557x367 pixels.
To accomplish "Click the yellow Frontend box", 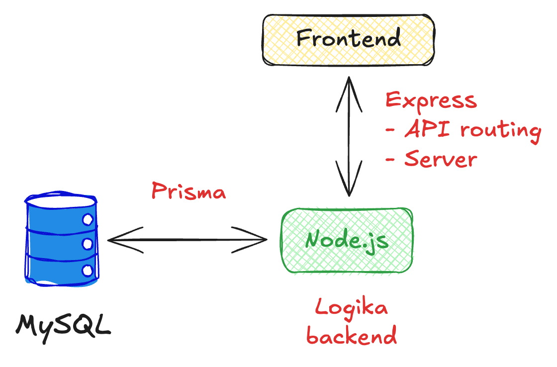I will tap(348, 39).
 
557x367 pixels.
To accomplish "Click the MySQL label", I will tap(63, 325).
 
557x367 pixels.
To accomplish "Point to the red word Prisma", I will tap(188, 191).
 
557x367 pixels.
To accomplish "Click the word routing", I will tap(500, 131).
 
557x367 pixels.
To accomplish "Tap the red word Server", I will tap(441, 159).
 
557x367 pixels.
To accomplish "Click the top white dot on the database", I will tap(88, 219).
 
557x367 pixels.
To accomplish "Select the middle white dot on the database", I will tap(88, 244).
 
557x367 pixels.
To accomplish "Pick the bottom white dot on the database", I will tap(88, 271).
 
